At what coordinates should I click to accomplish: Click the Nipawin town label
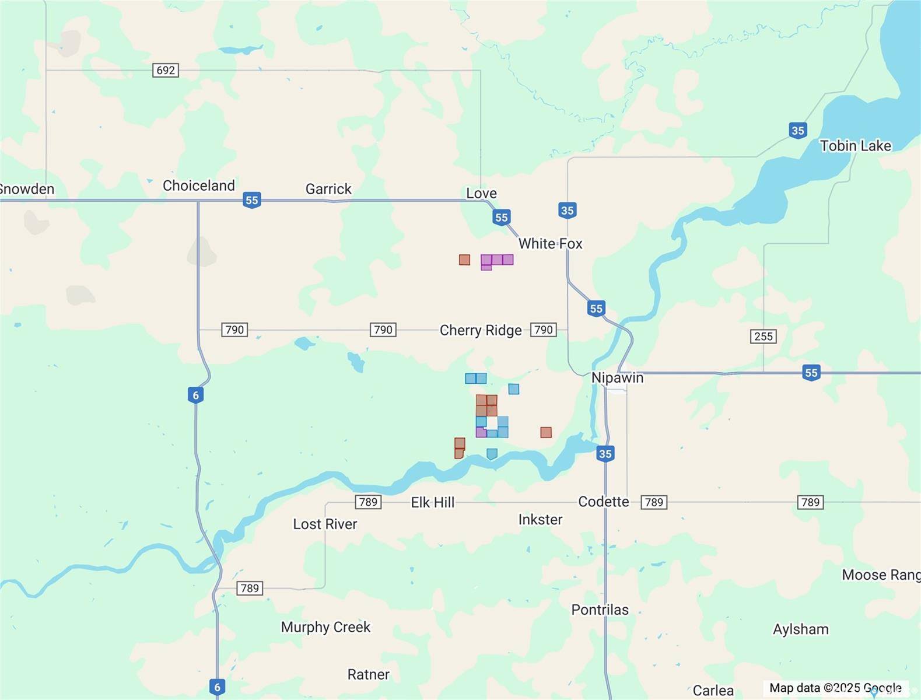click(617, 377)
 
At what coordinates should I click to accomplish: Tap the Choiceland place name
click(198, 185)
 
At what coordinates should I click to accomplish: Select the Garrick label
click(328, 189)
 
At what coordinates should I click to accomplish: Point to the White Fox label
click(550, 244)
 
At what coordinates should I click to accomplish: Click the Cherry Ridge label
click(481, 330)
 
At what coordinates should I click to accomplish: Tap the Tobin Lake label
click(855, 146)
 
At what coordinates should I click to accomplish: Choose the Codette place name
click(603, 502)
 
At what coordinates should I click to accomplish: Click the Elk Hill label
click(432, 502)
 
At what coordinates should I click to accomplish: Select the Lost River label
click(325, 524)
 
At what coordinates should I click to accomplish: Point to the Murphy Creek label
click(325, 627)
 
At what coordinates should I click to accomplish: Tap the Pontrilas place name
click(600, 610)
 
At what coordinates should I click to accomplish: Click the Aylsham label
click(800, 629)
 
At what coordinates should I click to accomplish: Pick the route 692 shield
click(166, 70)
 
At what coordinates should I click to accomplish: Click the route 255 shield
click(763, 336)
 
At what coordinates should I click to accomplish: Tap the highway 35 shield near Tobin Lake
click(798, 131)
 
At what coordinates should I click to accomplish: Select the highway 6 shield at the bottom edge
click(217, 687)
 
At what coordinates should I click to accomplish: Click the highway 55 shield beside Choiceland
click(251, 200)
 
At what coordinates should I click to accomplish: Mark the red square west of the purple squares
click(464, 260)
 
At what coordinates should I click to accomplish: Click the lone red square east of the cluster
click(546, 432)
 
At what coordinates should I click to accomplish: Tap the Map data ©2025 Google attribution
click(835, 688)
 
